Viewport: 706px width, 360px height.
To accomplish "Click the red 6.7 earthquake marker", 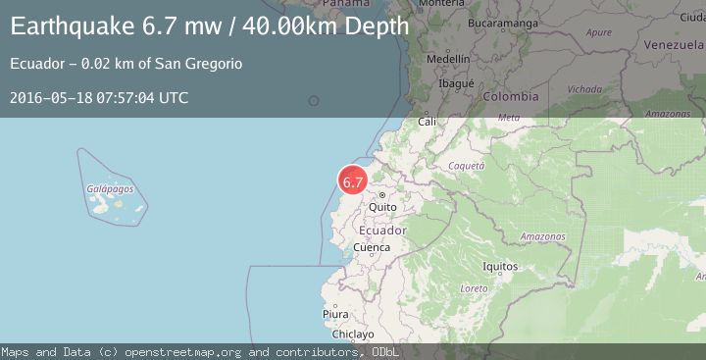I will click(353, 181).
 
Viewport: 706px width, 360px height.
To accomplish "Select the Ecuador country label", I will click(382, 230).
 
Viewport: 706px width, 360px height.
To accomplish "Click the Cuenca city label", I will click(372, 247).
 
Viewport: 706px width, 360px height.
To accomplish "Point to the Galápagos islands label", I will click(110, 188).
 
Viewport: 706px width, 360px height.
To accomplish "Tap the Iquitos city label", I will click(500, 266).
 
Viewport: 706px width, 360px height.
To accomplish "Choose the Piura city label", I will click(335, 314).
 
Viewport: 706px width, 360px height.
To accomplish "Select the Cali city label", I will click(428, 122).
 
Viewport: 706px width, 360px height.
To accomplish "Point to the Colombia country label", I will click(510, 96).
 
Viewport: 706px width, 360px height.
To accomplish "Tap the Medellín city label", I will click(448, 59).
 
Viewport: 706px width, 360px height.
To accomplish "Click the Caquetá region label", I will click(467, 166).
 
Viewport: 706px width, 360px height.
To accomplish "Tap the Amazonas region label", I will click(542, 236).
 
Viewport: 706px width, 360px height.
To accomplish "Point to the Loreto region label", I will click(474, 288).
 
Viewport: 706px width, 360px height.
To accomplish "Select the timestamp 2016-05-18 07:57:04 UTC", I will click(99, 97).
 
